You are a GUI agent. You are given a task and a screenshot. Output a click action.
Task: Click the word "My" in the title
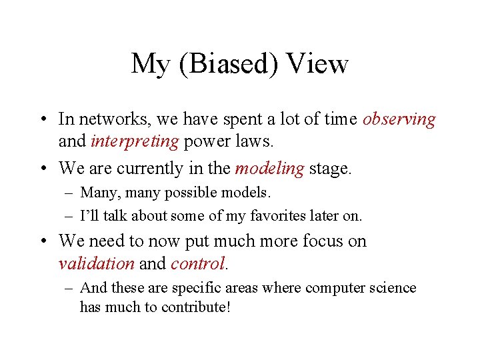click(149, 65)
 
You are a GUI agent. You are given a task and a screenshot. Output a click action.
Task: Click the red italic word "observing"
click(399, 120)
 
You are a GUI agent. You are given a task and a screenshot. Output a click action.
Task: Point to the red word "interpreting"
click(135, 141)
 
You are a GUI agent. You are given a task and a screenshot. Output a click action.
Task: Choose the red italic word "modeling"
click(269, 169)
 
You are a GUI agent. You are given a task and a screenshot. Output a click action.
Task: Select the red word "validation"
click(97, 263)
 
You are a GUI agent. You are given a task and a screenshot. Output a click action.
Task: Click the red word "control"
click(198, 263)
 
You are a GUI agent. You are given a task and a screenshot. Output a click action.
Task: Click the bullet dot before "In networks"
click(42, 120)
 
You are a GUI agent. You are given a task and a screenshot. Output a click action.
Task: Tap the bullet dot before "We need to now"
click(42, 241)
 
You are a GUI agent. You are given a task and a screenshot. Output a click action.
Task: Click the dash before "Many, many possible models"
click(69, 193)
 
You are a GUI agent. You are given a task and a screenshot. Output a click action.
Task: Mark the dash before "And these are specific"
click(69, 289)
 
